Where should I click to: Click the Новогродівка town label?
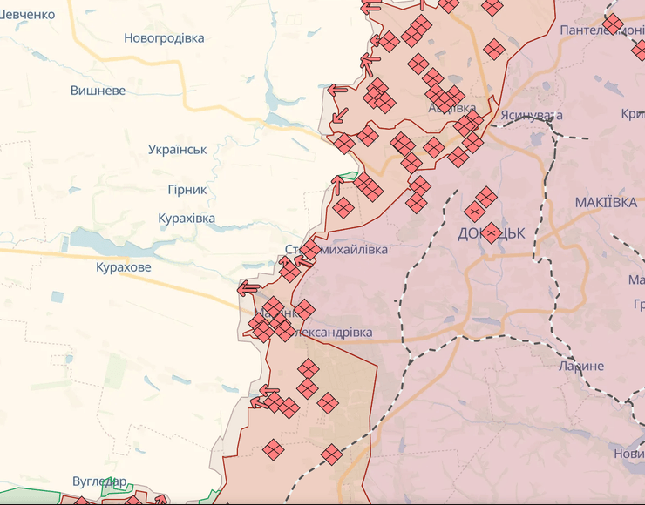coord(164,38)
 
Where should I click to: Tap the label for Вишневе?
coord(98,91)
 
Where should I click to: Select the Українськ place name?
coord(178,149)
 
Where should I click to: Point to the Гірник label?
coord(187,189)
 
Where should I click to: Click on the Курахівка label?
coord(187,219)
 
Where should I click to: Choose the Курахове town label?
coord(124,267)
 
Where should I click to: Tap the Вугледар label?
coord(99,481)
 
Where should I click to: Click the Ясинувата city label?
coord(532,115)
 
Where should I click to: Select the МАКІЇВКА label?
coord(606,202)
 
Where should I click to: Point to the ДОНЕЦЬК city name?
coord(491,233)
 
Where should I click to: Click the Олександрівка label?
coord(333,333)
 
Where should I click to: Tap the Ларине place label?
coord(581,366)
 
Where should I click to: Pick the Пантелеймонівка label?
coord(601,30)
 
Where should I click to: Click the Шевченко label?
coord(27,14)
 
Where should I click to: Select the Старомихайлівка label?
coord(337,250)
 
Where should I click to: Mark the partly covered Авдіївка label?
coord(451,107)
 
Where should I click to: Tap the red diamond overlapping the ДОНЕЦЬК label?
coord(490,232)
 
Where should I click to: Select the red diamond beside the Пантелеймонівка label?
coord(613,24)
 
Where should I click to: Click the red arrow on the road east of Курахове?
coord(248,287)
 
